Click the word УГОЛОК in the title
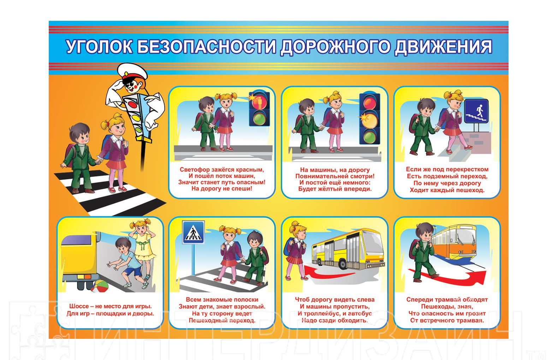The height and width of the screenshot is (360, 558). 99,47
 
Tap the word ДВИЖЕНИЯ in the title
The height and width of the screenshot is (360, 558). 444,47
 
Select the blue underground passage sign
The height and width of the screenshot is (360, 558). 476,111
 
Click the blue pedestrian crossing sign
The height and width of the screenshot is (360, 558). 193,232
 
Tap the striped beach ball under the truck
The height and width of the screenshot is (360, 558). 100,286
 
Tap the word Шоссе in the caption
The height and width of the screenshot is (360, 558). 79,306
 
